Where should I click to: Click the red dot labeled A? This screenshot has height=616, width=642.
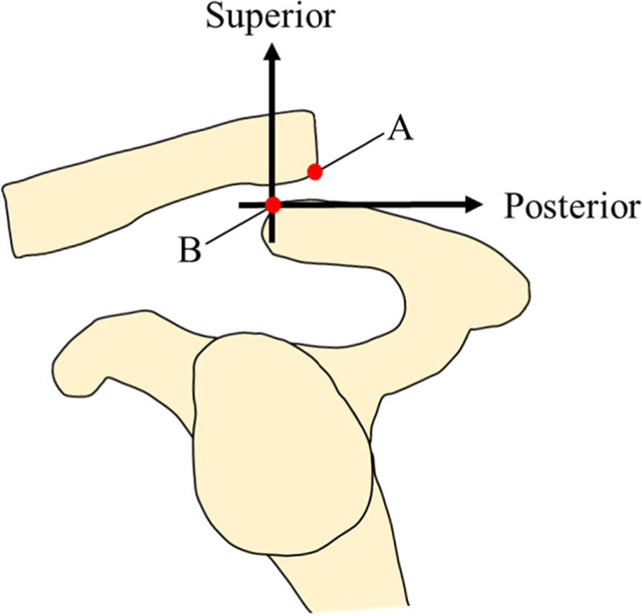(x=314, y=171)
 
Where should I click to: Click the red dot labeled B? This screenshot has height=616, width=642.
(x=272, y=205)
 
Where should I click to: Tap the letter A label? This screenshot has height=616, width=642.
(x=400, y=130)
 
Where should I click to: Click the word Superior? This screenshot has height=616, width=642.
(x=270, y=17)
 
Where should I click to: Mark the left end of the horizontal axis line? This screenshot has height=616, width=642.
(x=242, y=206)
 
